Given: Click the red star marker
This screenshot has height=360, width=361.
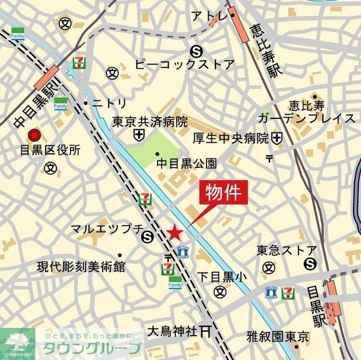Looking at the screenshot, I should pyautogui.click(x=175, y=232).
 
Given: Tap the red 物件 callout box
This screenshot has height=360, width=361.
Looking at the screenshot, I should pyautogui.click(x=223, y=193).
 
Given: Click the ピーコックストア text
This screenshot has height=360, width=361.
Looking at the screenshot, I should pyautogui.click(x=184, y=64).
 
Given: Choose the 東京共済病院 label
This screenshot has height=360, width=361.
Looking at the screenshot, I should pyautogui.click(x=149, y=122).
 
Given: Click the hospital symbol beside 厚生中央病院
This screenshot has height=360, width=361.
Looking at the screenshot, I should pyautogui.click(x=276, y=137).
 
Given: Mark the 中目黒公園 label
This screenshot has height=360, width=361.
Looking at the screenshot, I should pyautogui.click(x=186, y=164).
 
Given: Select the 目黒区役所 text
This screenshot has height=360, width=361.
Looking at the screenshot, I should pyautogui.click(x=43, y=150).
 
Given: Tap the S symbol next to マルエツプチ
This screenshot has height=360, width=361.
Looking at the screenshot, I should pyautogui.click(x=148, y=237).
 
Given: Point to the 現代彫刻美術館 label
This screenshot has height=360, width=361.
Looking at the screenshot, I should pyautogui.click(x=81, y=266).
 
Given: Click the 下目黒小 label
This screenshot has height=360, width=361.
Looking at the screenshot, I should pyautogui.click(x=222, y=277).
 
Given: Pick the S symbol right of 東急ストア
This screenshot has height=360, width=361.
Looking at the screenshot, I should pyautogui.click(x=310, y=263).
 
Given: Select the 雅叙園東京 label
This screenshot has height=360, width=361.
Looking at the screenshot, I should pyautogui.click(x=278, y=337).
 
